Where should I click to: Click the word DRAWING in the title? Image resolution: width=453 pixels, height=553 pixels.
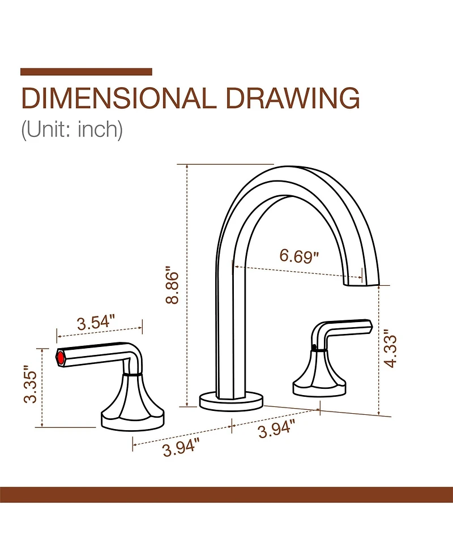tap(293, 98)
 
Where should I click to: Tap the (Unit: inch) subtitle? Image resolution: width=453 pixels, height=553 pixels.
tap(71, 129)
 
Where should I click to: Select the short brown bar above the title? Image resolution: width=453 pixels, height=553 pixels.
tap(86, 72)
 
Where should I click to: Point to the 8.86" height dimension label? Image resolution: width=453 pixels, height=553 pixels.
tap(173, 285)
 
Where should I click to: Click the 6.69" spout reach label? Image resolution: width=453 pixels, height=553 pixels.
tap(299, 256)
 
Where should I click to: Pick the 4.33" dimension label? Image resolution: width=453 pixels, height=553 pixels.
tap(390, 348)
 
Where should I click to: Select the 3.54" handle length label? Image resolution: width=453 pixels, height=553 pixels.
tap(96, 323)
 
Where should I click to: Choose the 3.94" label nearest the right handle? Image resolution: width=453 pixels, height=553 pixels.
tap(277, 430)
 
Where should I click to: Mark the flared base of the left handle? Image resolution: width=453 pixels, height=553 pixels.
tap(134, 405)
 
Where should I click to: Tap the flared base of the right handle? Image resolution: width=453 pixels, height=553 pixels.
tap(319, 376)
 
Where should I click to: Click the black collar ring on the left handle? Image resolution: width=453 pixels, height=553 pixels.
tap(132, 374)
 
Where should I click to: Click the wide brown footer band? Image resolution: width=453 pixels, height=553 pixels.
tap(226, 494)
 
